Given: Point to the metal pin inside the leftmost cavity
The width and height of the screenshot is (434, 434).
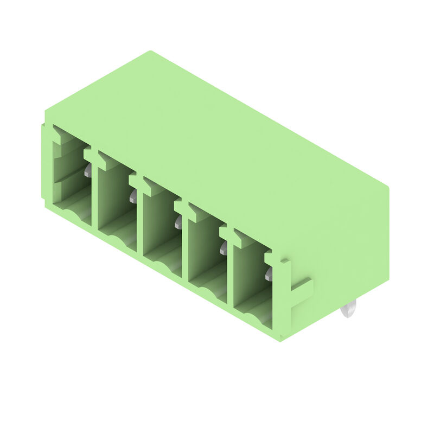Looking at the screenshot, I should click(87, 173).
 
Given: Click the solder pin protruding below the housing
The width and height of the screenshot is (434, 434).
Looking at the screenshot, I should click(348, 311).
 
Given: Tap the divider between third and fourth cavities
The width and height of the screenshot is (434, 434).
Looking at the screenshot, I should click(184, 244).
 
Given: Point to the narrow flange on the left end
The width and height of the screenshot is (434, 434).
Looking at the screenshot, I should click(43, 163).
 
